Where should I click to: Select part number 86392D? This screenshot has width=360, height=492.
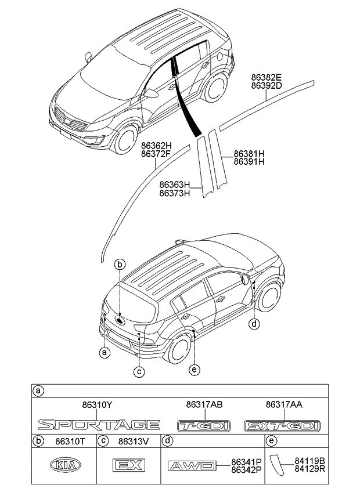click(266, 86)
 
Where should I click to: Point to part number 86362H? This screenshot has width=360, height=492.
click(156, 146)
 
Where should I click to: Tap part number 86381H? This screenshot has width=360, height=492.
click(249, 154)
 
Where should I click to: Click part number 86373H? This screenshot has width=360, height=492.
click(175, 193)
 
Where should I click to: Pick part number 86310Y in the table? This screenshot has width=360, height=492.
click(97, 404)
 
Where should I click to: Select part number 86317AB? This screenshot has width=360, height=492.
click(204, 404)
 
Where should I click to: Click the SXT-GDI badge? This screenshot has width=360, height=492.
click(282, 426)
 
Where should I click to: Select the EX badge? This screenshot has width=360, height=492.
click(128, 465)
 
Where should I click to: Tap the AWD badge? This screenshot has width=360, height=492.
click(191, 465)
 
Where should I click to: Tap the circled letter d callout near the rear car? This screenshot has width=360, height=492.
click(254, 324)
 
